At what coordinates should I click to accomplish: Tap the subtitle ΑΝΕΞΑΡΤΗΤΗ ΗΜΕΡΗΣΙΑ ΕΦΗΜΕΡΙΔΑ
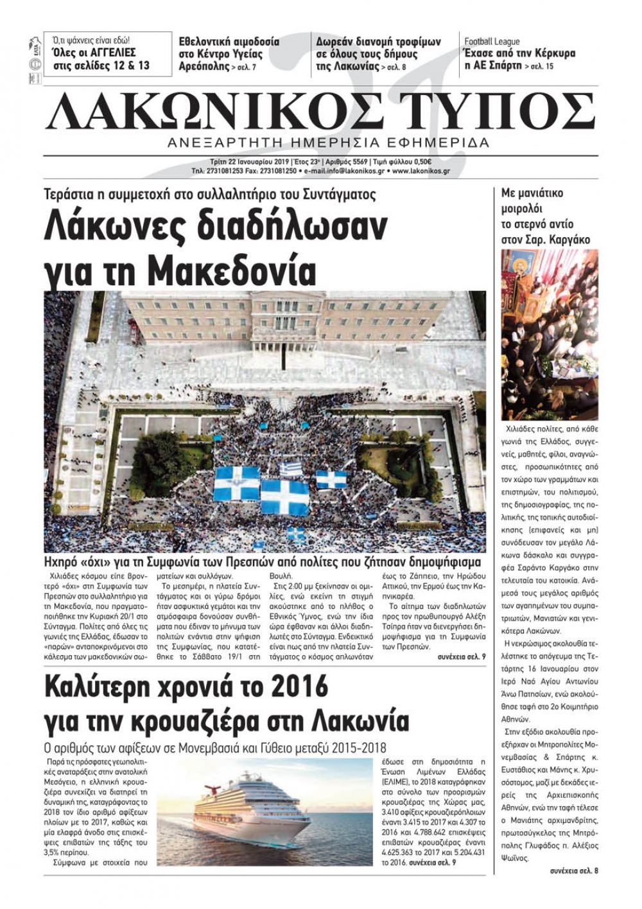pyautogui.click(x=328, y=143)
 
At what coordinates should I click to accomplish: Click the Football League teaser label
pyautogui.click(x=492, y=42)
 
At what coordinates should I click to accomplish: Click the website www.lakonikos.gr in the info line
pyautogui.click(x=421, y=172)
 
